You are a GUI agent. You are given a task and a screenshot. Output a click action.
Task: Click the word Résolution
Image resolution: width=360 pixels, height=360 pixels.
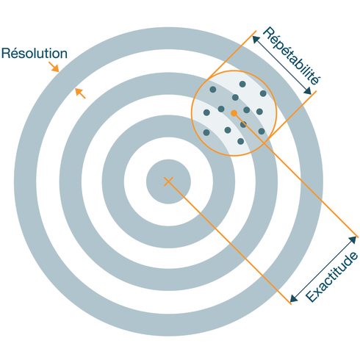point(35,54)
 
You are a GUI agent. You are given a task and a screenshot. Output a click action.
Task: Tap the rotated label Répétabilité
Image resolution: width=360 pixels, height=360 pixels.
point(292,56)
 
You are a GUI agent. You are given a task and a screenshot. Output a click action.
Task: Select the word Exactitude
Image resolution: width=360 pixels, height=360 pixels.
point(332,277)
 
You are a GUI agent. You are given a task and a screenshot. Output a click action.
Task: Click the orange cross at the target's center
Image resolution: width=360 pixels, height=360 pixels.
point(168,181)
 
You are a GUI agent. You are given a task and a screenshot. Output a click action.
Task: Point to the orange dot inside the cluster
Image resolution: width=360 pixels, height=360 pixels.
point(234,113)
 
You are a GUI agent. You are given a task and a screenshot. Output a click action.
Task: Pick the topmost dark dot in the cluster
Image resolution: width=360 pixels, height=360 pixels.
point(242,84)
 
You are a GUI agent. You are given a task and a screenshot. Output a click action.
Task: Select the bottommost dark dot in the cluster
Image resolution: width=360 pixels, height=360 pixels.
point(241,141)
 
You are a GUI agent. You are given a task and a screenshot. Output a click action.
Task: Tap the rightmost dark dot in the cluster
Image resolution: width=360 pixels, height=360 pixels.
point(263,93)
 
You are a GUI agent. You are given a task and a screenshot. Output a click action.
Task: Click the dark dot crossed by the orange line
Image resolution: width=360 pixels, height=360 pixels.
point(243,124)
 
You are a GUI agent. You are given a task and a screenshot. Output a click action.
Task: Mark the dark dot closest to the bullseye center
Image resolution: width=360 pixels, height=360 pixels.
point(206,132)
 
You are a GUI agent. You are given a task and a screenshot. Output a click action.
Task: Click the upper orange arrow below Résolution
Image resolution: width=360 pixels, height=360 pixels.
point(54,67)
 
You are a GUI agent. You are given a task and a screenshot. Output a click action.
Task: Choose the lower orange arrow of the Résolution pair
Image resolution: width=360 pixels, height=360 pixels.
point(80,93)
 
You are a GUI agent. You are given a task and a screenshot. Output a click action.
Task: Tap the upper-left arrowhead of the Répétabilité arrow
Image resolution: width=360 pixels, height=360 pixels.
point(256,40)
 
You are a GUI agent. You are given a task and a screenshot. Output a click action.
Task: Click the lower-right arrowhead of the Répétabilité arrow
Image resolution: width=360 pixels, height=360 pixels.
point(307,90)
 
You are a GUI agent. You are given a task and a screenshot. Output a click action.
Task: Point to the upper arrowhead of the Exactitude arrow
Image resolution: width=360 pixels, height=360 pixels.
point(352,240)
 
